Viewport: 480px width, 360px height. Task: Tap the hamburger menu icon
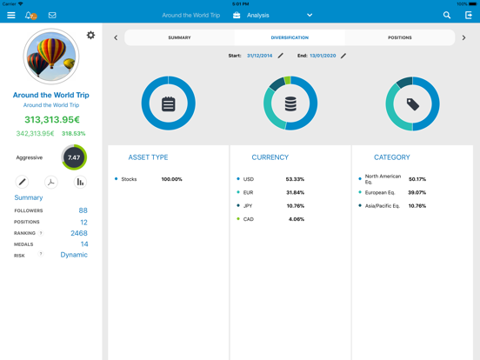click(x=11, y=15)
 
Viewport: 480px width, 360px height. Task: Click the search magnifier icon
click(x=447, y=15)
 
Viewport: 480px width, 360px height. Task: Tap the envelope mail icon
click(x=52, y=15)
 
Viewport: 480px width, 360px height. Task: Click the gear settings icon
click(x=90, y=35)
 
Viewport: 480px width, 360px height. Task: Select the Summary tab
click(x=179, y=37)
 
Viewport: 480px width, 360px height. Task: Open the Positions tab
click(x=400, y=37)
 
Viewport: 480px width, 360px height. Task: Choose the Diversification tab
click(x=290, y=37)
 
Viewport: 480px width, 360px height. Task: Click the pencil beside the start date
click(x=280, y=56)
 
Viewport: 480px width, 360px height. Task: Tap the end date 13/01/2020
click(x=323, y=56)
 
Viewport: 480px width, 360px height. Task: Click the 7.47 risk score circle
click(x=74, y=157)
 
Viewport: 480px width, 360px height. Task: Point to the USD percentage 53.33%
click(x=295, y=179)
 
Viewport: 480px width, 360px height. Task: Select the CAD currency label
click(x=249, y=219)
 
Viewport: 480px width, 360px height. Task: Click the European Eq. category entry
click(x=380, y=192)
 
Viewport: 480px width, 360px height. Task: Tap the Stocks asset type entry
click(x=129, y=179)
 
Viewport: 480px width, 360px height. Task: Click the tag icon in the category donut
click(x=413, y=104)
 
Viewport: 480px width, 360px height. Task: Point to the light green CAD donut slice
click(x=287, y=80)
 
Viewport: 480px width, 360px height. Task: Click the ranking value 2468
click(x=79, y=233)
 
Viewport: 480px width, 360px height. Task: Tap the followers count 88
click(x=83, y=210)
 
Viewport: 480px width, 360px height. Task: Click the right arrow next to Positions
click(x=463, y=37)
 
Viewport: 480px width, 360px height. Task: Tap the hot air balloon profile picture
click(x=51, y=57)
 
